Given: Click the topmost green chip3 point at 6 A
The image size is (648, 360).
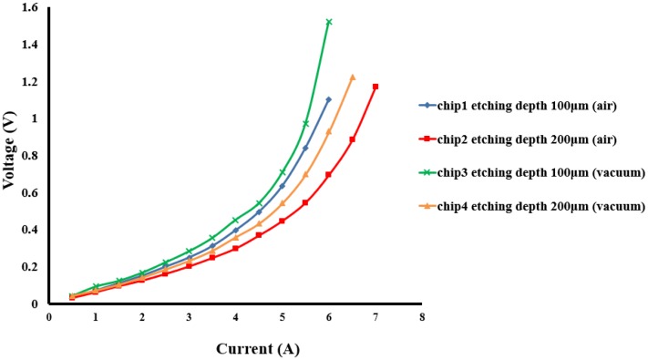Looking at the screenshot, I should pyautogui.click(x=329, y=22).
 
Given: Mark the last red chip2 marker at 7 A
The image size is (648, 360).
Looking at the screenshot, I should pyautogui.click(x=375, y=87).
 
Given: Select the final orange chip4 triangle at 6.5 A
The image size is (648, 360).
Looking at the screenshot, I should pyautogui.click(x=352, y=77).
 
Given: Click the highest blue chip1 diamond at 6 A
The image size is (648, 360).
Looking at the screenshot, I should pyautogui.click(x=329, y=99).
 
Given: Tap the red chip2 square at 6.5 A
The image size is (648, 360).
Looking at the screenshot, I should pyautogui.click(x=352, y=139).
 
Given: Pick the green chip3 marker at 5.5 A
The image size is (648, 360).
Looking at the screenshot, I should pyautogui.click(x=305, y=123).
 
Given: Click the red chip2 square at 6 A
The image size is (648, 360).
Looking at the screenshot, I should pyautogui.click(x=329, y=174).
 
